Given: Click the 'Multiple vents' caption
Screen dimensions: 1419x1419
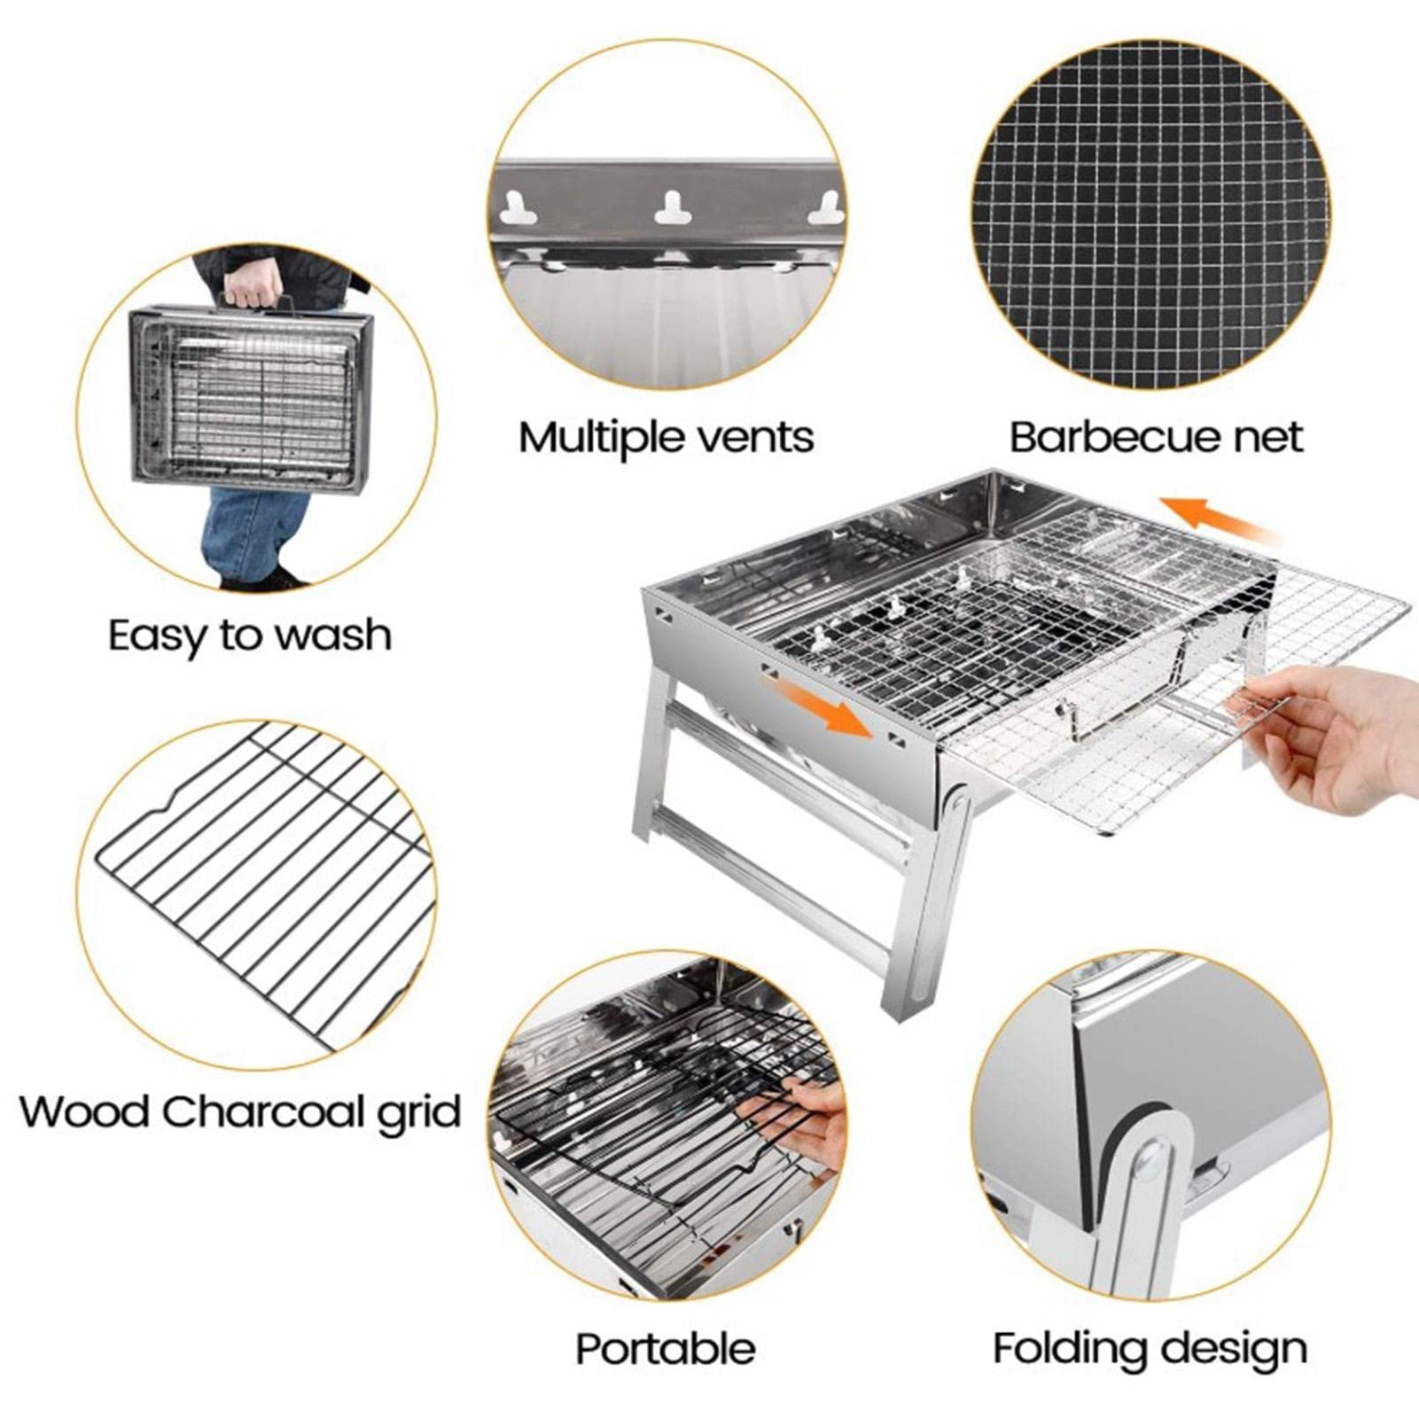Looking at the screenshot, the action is [666, 438].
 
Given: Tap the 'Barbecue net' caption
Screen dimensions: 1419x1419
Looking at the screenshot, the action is [1157, 438].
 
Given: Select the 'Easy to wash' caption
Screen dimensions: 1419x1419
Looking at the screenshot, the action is [250, 635].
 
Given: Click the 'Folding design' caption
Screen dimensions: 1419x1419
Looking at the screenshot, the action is [1150, 1349].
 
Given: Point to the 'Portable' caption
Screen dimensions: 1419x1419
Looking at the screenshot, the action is [666, 1349].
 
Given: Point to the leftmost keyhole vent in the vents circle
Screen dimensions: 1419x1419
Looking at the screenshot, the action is [518, 208].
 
